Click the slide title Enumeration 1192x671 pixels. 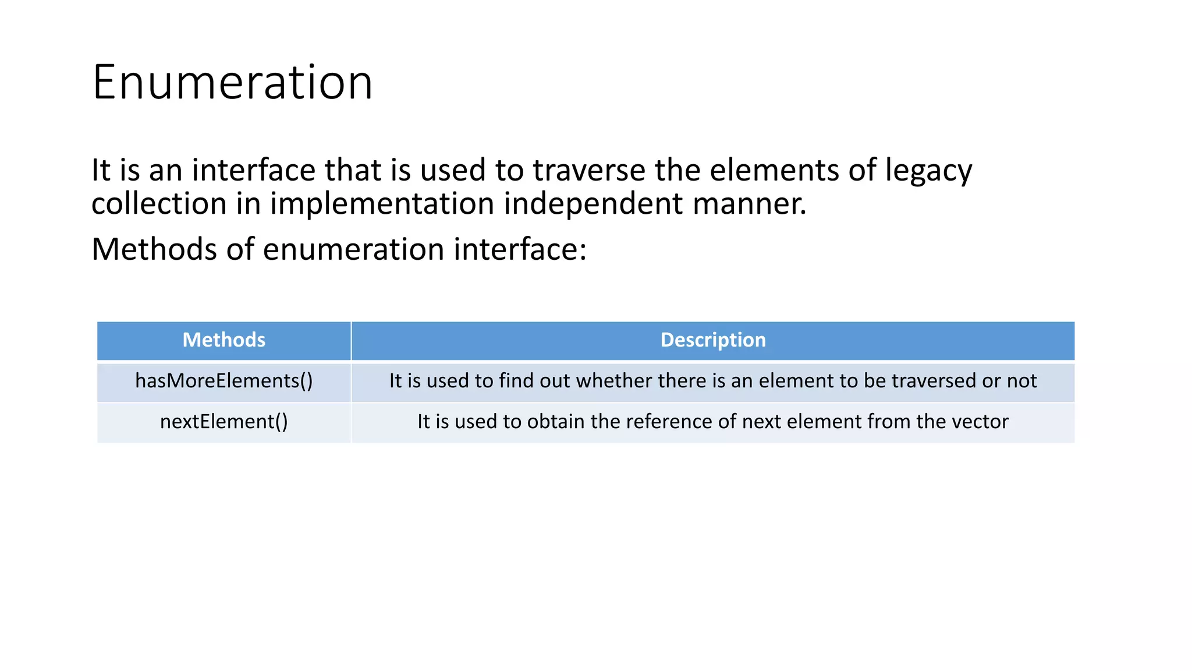[232, 83]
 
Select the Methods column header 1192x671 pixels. [224, 340]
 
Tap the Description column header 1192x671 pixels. [713, 340]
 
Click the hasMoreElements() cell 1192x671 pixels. [224, 381]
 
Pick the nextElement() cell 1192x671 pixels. [224, 422]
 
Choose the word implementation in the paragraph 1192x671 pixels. [382, 204]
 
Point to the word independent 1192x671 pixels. [593, 204]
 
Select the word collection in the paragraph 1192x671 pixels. [159, 204]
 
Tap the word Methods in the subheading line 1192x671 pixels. [154, 249]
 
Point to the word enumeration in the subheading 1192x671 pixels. [353, 249]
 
